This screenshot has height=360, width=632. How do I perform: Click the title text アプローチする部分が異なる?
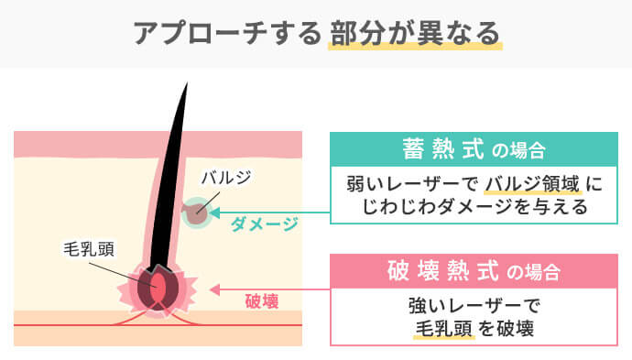[x=316, y=34]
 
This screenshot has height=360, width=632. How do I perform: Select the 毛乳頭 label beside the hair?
[x=88, y=249]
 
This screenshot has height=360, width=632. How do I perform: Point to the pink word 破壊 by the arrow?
[x=262, y=300]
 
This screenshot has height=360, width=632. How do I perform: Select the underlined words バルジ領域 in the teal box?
[x=531, y=183]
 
